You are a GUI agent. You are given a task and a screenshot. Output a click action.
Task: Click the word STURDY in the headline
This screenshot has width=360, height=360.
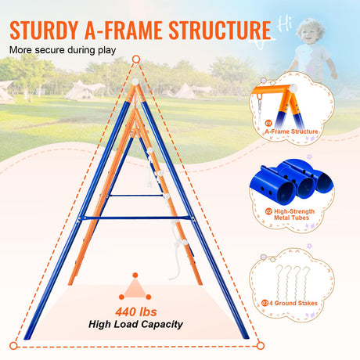pyautogui.click(x=44, y=30)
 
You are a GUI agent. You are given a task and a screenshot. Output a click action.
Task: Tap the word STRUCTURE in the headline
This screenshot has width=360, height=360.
pyautogui.click(x=220, y=30)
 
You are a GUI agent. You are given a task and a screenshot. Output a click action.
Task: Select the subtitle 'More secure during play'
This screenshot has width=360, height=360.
pyautogui.click(x=63, y=50)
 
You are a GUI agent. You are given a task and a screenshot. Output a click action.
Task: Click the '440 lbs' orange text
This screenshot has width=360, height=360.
pyautogui.click(x=136, y=311)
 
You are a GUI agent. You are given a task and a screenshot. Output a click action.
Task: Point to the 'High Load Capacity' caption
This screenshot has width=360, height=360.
pyautogui.click(x=135, y=324)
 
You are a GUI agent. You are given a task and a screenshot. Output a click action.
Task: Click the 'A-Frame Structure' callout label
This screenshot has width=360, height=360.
pyautogui.click(x=292, y=131)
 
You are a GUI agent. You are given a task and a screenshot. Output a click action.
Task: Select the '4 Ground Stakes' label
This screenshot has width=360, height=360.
pyautogui.click(x=293, y=303)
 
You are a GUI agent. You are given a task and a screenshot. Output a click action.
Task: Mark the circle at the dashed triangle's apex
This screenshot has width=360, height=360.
pyautogui.click(x=136, y=59)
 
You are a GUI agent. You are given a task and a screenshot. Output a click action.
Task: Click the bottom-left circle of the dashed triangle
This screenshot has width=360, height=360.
pyautogui.click(x=13, y=346)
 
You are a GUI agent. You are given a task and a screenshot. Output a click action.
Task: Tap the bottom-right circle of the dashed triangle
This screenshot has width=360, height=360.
pyautogui.click(x=260, y=346)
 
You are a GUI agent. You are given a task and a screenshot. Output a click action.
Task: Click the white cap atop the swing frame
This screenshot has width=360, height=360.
pyautogui.click(x=135, y=81)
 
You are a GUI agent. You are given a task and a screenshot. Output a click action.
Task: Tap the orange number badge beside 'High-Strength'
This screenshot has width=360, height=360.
pyautogui.click(x=268, y=211)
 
